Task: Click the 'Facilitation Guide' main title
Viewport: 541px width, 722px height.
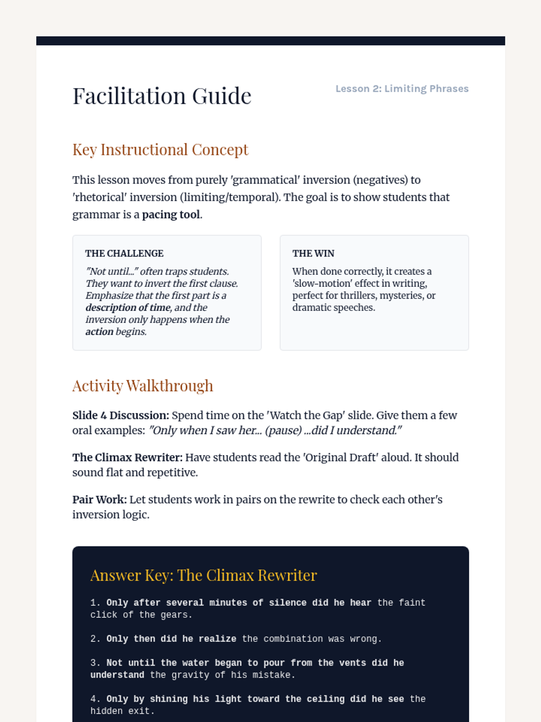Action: pos(162,96)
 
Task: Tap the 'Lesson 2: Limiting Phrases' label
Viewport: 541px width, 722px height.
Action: pos(402,88)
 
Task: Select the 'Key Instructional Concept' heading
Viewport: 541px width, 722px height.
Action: pos(160,150)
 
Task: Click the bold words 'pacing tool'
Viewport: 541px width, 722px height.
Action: pos(171,215)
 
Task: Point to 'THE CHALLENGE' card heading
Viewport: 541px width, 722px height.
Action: pos(124,254)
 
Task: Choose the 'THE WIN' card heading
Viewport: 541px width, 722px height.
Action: pos(313,254)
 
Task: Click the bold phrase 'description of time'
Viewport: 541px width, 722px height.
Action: pos(128,308)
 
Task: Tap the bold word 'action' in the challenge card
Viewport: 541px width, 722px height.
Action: pos(99,332)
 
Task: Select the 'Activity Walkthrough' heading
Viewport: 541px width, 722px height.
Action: pos(142,386)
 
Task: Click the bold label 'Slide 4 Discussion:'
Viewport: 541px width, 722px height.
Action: pos(120,415)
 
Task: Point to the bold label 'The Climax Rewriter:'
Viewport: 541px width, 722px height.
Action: pos(128,458)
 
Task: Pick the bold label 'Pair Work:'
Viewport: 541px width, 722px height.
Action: pos(99,500)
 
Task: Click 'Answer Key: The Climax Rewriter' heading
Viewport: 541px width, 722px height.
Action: pos(203,575)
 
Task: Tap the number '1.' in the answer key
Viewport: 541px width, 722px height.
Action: pos(96,603)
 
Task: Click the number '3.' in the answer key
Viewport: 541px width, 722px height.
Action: pos(96,663)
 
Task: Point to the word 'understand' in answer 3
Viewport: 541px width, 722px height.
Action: pos(117,675)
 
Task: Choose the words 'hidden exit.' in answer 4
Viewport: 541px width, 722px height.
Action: pos(122,711)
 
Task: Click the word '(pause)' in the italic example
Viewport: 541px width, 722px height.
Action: pos(283,430)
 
